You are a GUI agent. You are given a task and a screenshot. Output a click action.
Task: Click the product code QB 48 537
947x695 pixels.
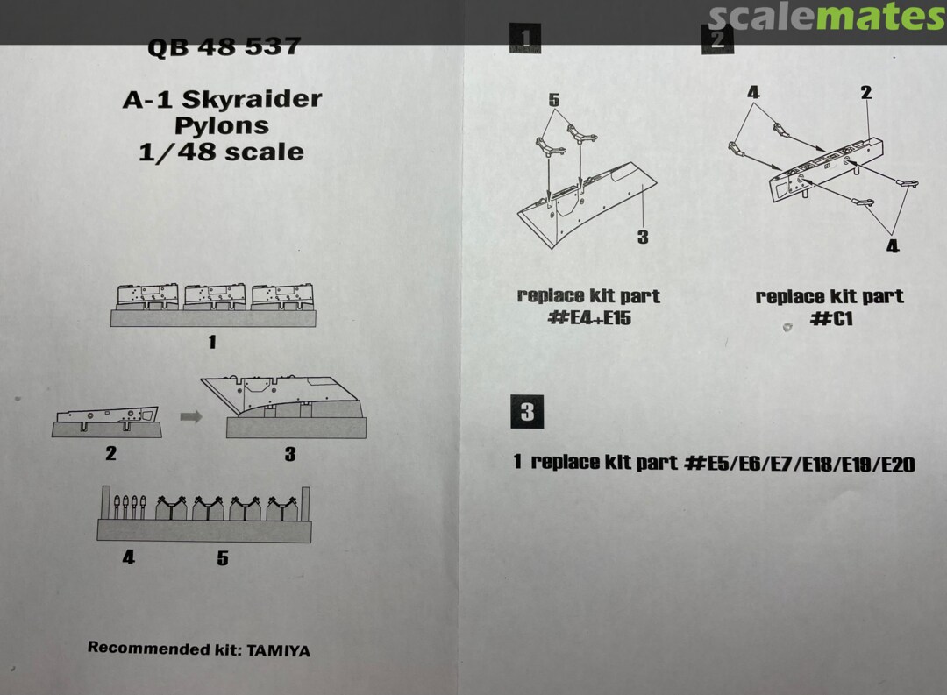pos(224,47)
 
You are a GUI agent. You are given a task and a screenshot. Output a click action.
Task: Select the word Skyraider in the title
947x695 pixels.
pos(252,98)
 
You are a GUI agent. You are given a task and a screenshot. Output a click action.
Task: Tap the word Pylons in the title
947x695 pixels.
pos(222,125)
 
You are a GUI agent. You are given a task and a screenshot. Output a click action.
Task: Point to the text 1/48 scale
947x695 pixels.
pos(221,152)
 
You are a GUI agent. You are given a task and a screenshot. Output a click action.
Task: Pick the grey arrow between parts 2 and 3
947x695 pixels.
pos(191,416)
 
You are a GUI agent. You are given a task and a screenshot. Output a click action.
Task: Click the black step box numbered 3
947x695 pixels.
pos(527,412)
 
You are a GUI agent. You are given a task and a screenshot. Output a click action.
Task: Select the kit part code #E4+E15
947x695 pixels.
pos(589,317)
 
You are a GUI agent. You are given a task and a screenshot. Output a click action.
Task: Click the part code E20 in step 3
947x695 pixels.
pos(898,465)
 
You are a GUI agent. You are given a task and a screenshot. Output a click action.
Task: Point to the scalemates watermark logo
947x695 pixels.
pos(826,17)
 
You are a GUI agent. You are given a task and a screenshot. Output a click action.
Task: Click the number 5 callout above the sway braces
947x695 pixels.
pos(554,100)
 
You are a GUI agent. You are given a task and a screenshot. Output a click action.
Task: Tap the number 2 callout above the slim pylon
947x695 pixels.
pos(866,92)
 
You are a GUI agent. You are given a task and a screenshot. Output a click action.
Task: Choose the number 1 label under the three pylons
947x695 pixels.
pos(212,343)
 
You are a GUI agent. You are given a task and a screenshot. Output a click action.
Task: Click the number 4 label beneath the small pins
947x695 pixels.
pos(129,557)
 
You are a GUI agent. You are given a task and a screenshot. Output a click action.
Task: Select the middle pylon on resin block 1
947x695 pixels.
pos(215,296)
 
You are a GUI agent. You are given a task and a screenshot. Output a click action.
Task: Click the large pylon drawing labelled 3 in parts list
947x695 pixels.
pos(282,398)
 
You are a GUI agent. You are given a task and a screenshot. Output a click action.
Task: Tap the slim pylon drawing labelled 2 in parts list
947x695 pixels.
pos(107,416)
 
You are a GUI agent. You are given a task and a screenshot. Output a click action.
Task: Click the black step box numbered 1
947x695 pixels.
pos(525,39)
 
